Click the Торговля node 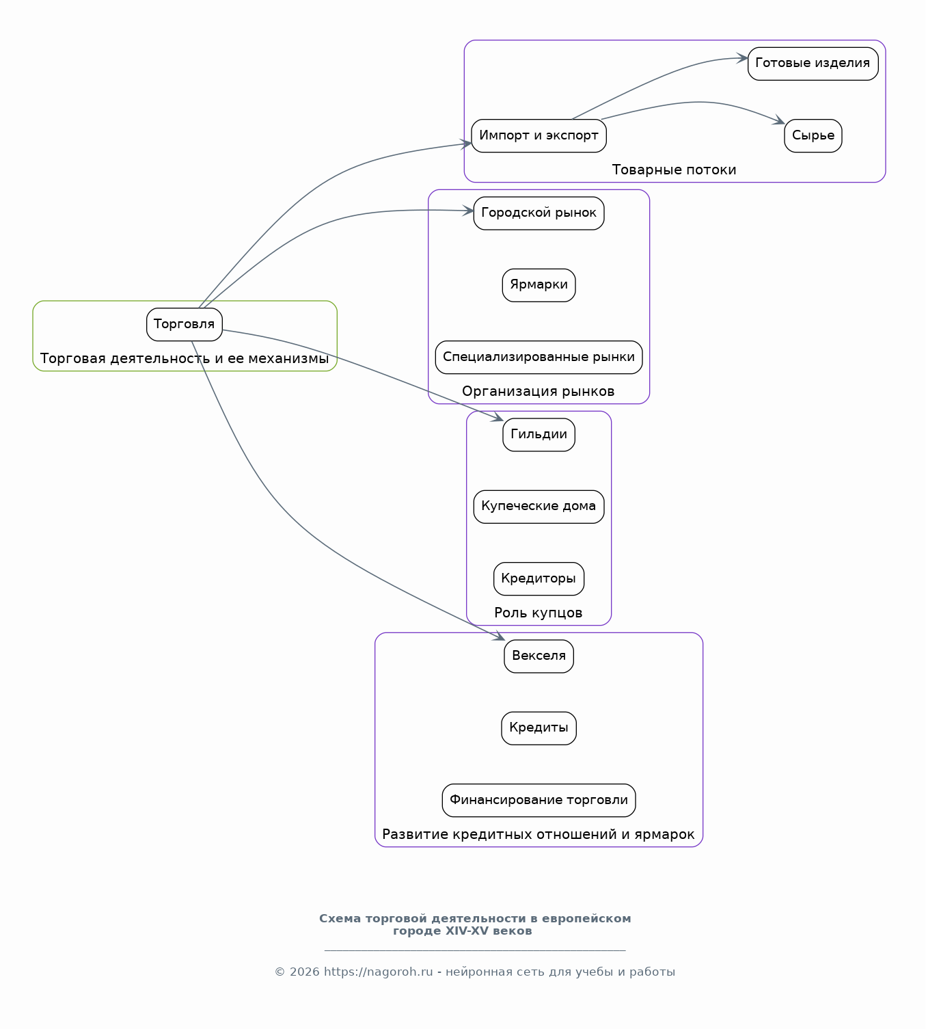(184, 325)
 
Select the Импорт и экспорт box (539, 136)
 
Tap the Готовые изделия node (813, 64)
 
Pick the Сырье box (813, 136)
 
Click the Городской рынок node (539, 213)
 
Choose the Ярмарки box (539, 285)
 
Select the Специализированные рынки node (539, 358)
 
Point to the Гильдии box (539, 435)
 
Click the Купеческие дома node (539, 507)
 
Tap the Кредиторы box (539, 579)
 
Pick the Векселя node (539, 656)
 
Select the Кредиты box (539, 728)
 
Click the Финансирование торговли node (539, 801)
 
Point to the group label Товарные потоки (675, 170)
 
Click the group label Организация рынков (539, 391)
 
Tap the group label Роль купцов (539, 613)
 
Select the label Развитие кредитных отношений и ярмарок (539, 835)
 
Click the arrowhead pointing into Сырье (780, 120)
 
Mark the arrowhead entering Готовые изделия (743, 58)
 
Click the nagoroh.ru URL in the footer (379, 972)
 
